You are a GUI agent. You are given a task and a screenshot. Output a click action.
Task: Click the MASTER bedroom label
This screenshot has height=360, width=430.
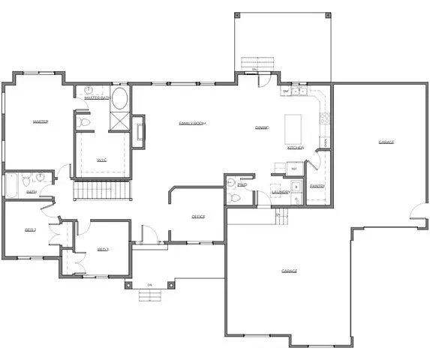[x=41, y=121]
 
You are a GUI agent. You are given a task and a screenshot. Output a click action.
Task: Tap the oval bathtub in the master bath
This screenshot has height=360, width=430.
[x=119, y=101]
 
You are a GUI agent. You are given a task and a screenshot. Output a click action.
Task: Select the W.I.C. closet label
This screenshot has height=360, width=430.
[x=102, y=159]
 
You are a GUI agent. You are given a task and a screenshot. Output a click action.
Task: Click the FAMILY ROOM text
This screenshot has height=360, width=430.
[x=191, y=123]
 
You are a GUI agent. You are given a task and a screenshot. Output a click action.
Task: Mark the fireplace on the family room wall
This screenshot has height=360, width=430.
[x=140, y=129]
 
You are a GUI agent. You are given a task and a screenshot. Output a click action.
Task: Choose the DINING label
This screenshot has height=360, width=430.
[x=262, y=127]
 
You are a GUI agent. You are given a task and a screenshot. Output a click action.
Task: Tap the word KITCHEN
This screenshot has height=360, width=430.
[x=296, y=148]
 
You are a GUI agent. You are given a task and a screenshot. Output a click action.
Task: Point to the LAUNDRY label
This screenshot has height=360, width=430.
[x=281, y=192]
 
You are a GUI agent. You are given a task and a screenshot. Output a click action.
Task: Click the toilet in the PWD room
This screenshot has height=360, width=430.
[x=233, y=198]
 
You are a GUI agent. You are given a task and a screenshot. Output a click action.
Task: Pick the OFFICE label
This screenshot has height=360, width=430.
[x=198, y=216]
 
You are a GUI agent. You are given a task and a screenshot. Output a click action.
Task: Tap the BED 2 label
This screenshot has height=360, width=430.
[x=31, y=229]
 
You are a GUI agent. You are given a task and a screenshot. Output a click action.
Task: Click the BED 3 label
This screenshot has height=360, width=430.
[x=103, y=249]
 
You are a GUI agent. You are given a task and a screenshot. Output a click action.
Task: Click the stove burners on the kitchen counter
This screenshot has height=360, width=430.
[x=325, y=118]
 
